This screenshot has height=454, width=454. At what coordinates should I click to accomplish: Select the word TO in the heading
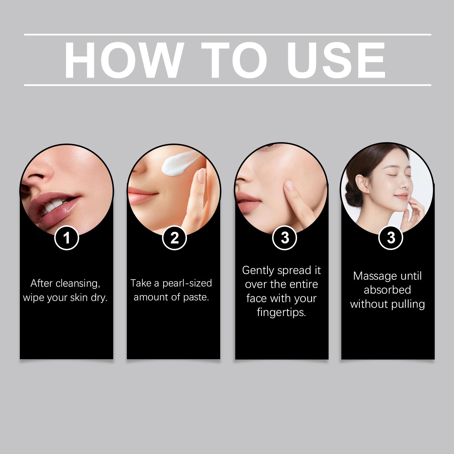[234, 60]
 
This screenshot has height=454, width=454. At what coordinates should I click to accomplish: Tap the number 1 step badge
[67, 238]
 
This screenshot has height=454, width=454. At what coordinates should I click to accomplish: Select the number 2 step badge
[175, 238]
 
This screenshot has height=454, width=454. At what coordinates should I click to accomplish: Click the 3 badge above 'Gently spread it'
[285, 238]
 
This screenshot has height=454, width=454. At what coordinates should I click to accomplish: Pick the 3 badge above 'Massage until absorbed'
[391, 238]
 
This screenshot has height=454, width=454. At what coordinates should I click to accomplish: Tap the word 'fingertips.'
[281, 313]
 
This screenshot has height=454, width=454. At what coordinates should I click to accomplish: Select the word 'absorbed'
[387, 290]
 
